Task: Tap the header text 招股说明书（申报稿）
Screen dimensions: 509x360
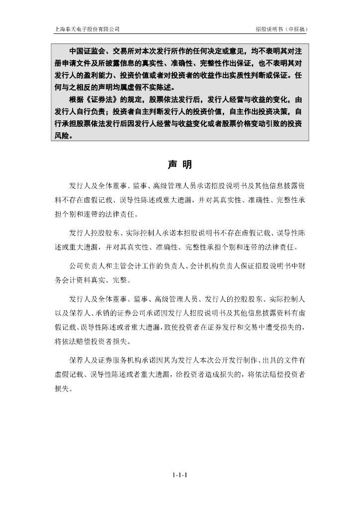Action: click(281, 29)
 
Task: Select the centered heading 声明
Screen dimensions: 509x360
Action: click(180, 165)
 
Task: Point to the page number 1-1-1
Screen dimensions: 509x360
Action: click(180, 475)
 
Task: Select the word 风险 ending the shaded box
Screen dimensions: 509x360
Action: click(63, 135)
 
